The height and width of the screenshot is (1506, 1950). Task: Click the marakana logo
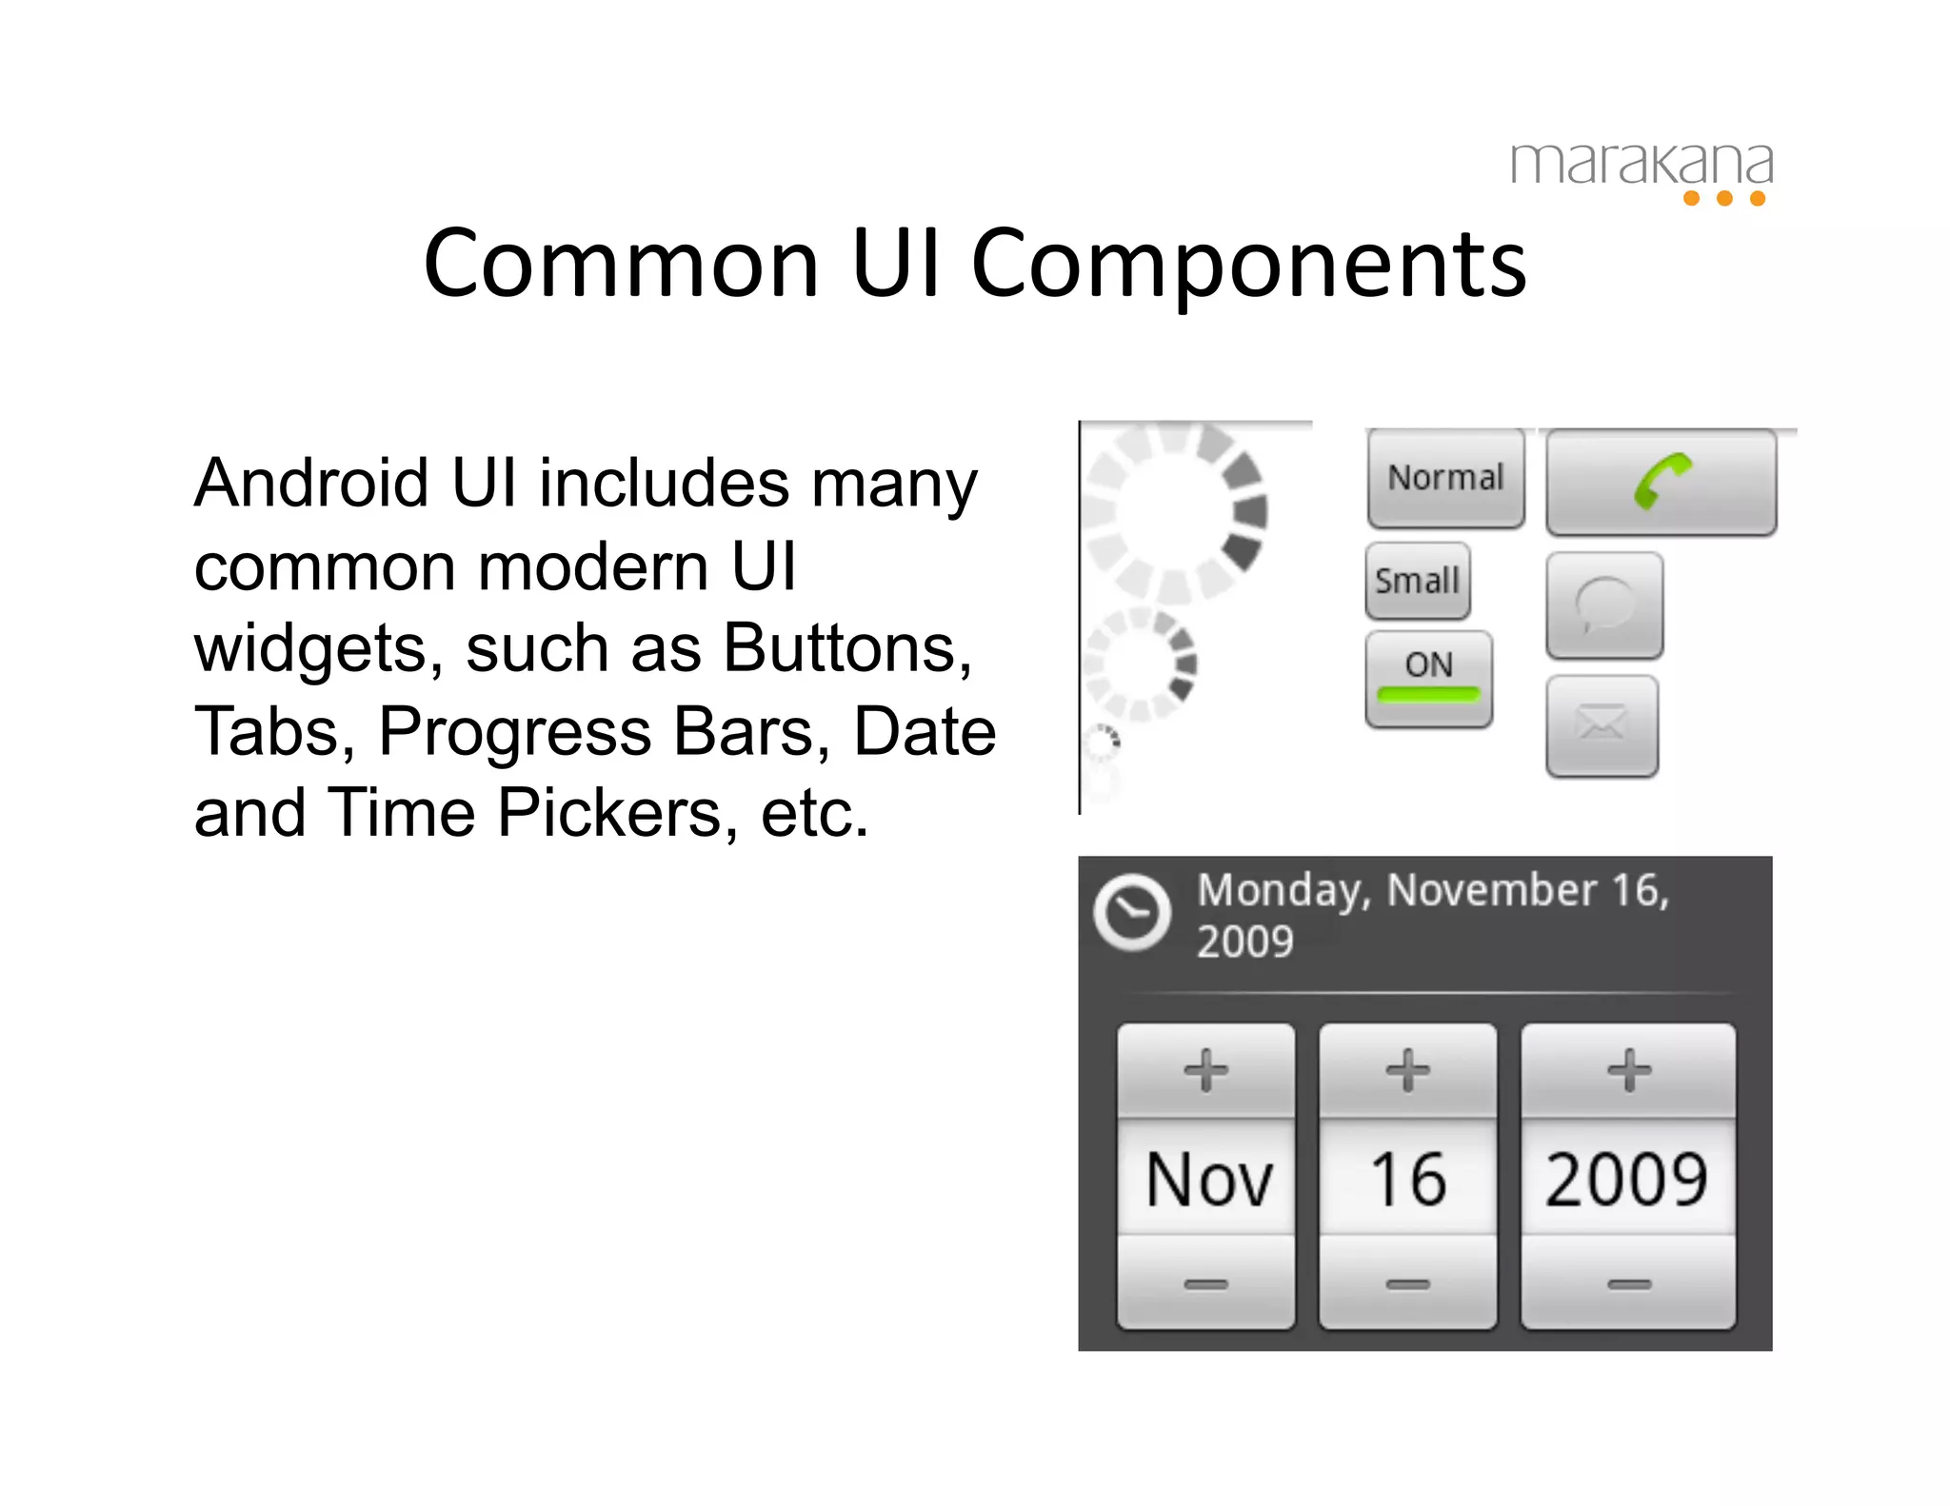pyautogui.click(x=1642, y=171)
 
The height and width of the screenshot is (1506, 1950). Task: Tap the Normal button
pyautogui.click(x=1445, y=478)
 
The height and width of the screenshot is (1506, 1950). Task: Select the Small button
pyautogui.click(x=1417, y=581)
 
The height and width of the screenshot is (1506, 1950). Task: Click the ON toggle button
pyautogui.click(x=1428, y=678)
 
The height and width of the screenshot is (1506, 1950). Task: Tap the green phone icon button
pyautogui.click(x=1661, y=482)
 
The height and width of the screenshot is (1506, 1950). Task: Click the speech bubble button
pyautogui.click(x=1604, y=605)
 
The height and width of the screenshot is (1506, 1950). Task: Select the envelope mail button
pyautogui.click(x=1602, y=725)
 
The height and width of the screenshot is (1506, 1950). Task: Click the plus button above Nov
pyautogui.click(x=1205, y=1070)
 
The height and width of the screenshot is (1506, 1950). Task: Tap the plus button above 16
pyautogui.click(x=1407, y=1070)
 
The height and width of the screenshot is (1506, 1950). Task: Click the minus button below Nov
pyautogui.click(x=1205, y=1284)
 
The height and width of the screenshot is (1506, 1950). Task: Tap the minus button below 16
pyautogui.click(x=1407, y=1284)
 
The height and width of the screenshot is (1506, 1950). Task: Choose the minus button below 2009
pyautogui.click(x=1628, y=1284)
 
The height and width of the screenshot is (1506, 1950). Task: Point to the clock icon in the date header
pyautogui.click(x=1132, y=912)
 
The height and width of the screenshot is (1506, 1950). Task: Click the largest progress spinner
pyautogui.click(x=1177, y=511)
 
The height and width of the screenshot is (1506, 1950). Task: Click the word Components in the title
pyautogui.click(x=1248, y=265)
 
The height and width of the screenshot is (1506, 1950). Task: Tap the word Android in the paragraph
pyautogui.click(x=312, y=484)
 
